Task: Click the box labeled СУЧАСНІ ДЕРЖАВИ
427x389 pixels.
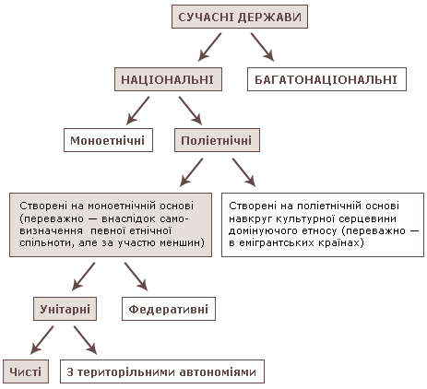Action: pos(240,17)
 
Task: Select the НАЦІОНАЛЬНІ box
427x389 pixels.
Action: pos(168,79)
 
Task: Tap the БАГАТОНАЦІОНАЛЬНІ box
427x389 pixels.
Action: pos(326,79)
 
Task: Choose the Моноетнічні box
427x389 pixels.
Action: pos(108,140)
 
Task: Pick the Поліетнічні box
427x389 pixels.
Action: pos(217,140)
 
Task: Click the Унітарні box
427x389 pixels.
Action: pos(65,309)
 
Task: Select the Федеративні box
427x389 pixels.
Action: pos(169,309)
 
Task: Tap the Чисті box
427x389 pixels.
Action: pos(26,371)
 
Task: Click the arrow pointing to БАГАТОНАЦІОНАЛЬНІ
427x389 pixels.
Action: pos(262,47)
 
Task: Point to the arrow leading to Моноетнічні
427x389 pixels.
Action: pos(138,111)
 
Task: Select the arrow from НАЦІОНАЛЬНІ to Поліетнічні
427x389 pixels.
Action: pos(191,111)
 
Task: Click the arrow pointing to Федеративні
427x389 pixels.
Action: pos(136,277)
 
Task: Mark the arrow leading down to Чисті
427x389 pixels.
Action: pos(42,340)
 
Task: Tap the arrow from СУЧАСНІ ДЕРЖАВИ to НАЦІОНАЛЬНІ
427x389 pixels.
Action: pos(209,47)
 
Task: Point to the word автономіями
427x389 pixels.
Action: pos(218,372)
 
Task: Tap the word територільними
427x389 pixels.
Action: pos(126,372)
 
